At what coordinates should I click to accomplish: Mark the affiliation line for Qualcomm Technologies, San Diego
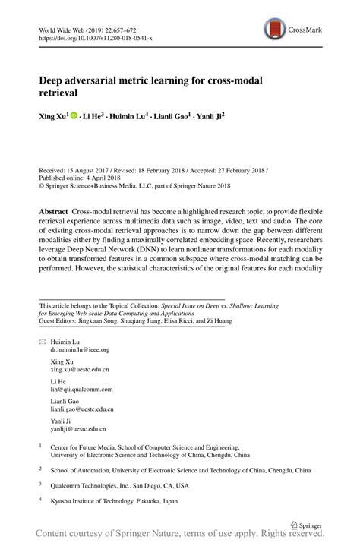tap(120, 485)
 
